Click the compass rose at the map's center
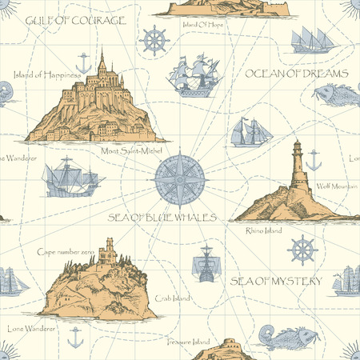click(179, 177)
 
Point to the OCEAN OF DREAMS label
click(296, 73)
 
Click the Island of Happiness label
click(48, 74)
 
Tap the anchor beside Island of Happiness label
click(81, 60)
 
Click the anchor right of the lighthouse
click(314, 161)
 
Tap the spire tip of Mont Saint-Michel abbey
click(102, 51)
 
